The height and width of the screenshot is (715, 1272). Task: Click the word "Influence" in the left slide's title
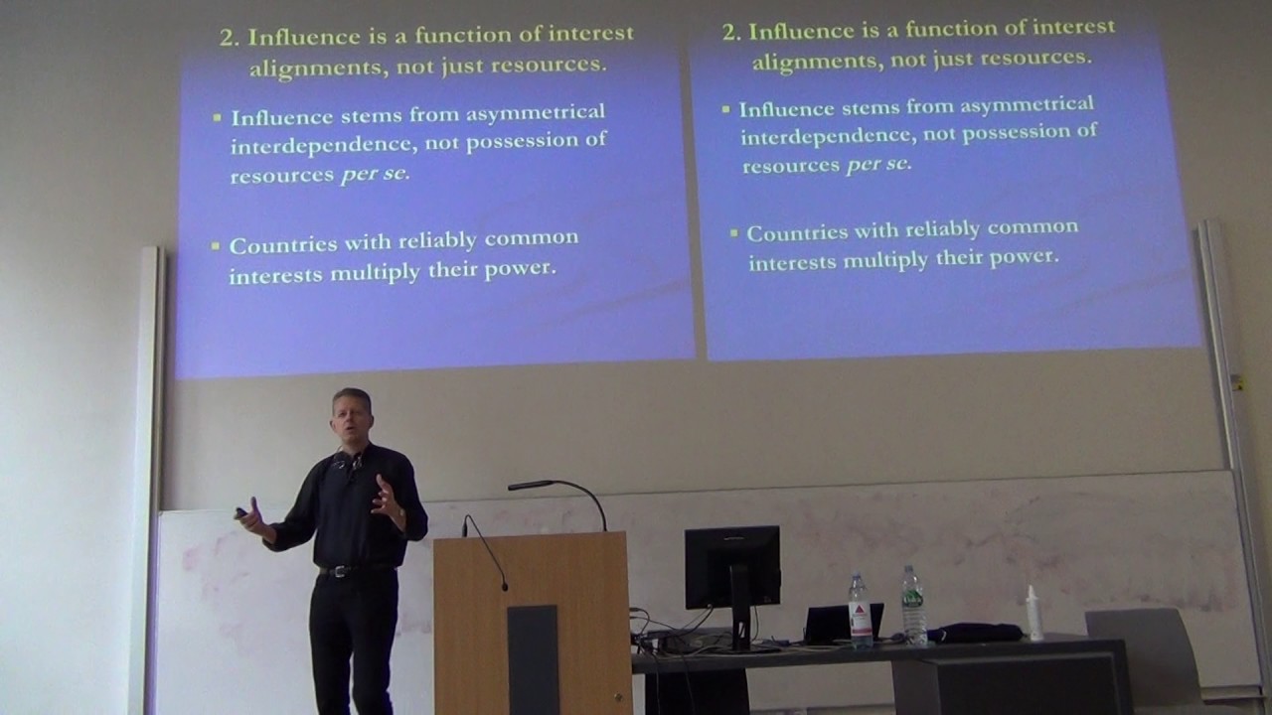tap(294, 36)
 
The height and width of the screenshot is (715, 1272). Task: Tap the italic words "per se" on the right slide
tap(877, 164)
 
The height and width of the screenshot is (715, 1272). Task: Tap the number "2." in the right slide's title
tap(731, 32)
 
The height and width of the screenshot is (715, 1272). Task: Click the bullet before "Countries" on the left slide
tap(217, 245)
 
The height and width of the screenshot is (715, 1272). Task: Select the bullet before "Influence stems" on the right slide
tap(727, 108)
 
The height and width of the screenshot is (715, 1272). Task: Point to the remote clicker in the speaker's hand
tap(241, 512)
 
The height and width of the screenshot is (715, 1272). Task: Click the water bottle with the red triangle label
tap(860, 610)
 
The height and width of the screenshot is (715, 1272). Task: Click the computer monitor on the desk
tap(732, 567)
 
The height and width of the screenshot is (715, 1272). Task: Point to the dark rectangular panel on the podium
tap(533, 659)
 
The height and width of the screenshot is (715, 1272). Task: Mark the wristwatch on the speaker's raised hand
tap(400, 514)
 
